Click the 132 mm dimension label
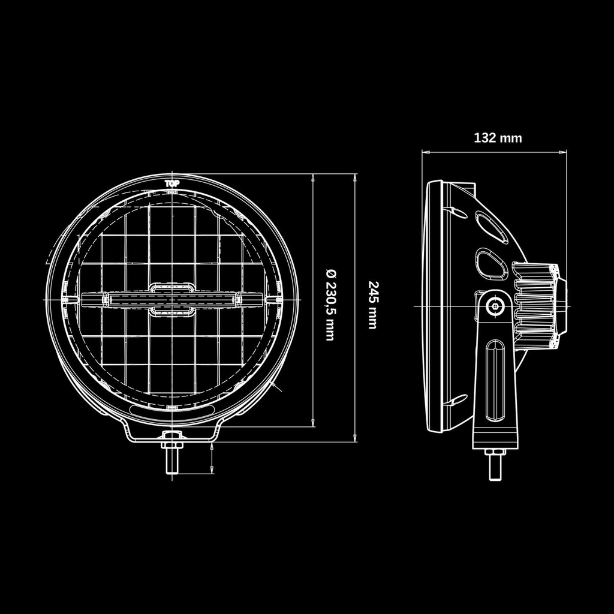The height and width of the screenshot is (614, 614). click(498, 138)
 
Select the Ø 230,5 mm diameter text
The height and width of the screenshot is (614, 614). click(329, 305)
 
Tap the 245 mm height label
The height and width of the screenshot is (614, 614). click(372, 305)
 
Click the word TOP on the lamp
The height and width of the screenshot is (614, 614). click(171, 183)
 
